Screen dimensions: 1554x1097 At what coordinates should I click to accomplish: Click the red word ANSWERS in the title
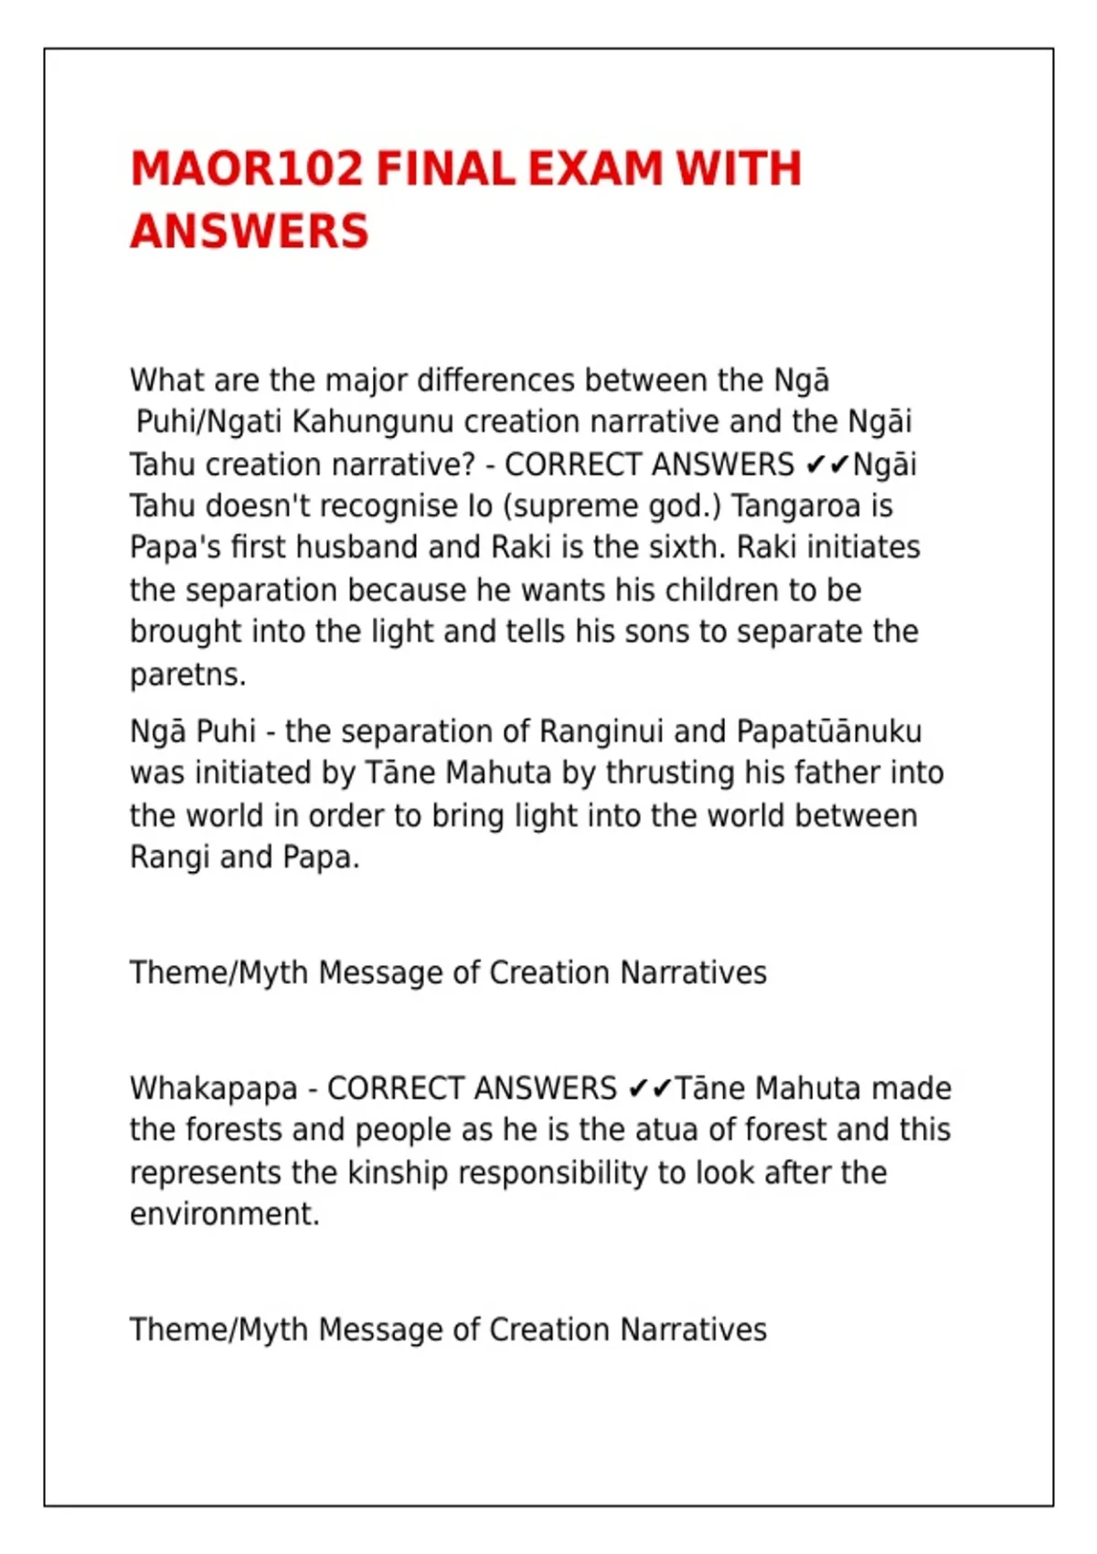[x=249, y=231]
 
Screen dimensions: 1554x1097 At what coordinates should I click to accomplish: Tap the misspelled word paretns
[x=187, y=676]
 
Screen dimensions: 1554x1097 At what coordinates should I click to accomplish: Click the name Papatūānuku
[x=829, y=731]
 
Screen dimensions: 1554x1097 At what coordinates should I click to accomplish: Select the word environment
[x=224, y=1214]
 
